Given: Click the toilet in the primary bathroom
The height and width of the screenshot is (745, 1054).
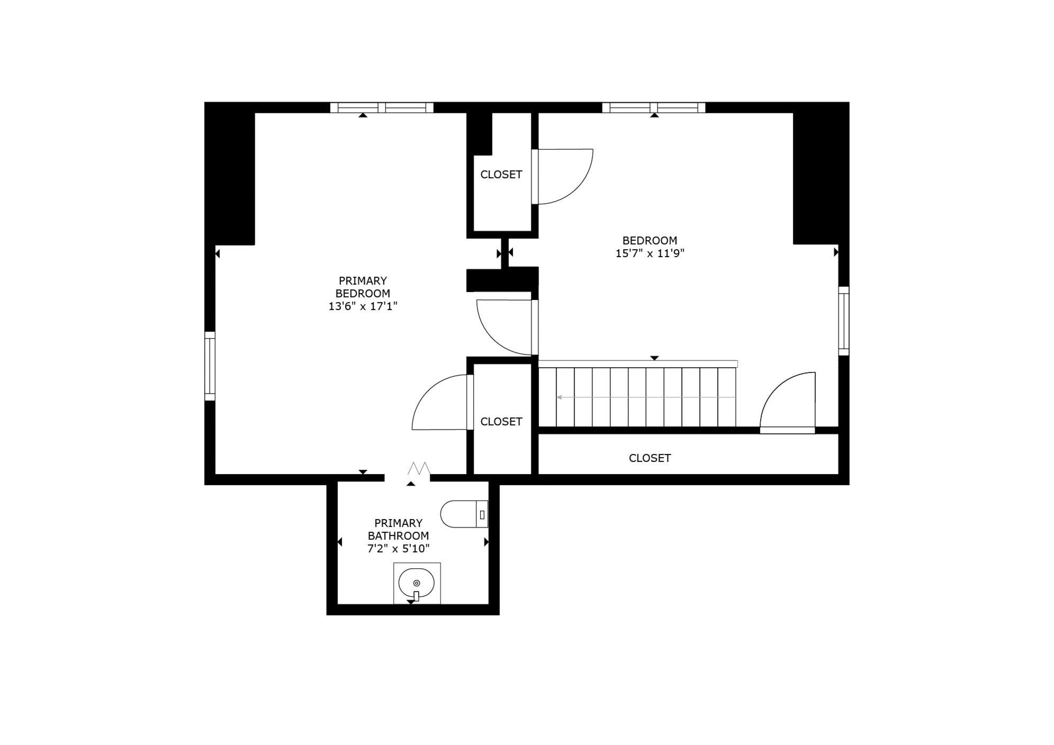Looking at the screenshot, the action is [464, 514].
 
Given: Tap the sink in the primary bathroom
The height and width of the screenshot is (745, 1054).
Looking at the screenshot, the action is [417, 583].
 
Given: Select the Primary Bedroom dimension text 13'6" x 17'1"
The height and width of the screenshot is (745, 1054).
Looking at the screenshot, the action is [363, 306].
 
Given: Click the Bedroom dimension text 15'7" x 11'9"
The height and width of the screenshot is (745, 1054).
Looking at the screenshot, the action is [650, 253].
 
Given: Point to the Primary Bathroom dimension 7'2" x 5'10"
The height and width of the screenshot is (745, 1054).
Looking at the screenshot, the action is [398, 549].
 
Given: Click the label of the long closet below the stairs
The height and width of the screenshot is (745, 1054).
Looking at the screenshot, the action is [650, 458].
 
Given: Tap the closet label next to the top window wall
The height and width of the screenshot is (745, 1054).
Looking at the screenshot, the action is [501, 175].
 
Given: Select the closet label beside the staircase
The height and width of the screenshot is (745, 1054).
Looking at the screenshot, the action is [501, 422].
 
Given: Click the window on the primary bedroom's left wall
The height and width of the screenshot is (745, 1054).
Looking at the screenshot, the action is [210, 366].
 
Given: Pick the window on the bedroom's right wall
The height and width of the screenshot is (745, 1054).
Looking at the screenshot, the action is [843, 321].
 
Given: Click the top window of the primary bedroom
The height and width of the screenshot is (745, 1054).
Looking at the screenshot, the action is [382, 107].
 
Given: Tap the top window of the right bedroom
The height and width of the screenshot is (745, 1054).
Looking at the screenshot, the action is [654, 107].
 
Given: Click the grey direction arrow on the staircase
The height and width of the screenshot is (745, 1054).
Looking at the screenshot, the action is [646, 397].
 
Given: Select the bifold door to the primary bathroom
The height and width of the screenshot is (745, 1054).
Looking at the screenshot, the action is [419, 469].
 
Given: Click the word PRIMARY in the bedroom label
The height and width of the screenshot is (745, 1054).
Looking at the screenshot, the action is [363, 281].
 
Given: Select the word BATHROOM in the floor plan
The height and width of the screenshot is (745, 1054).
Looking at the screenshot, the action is [398, 536].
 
